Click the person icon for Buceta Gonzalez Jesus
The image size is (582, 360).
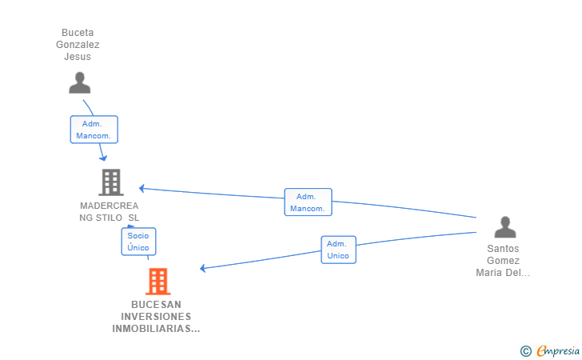[79, 83]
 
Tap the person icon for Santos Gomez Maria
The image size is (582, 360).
[504, 227]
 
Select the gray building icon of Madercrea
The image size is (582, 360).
[110, 182]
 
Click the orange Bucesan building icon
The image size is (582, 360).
[157, 282]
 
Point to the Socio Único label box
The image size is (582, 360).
[138, 242]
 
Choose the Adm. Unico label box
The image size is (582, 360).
[338, 250]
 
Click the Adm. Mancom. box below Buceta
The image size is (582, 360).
[94, 130]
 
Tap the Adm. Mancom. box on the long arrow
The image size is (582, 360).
[308, 202]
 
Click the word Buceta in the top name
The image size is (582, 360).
[78, 33]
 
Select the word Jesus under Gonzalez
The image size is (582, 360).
[78, 57]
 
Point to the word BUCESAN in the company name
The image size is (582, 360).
[157, 305]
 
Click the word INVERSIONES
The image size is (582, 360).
[157, 317]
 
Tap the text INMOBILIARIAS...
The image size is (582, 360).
[155, 329]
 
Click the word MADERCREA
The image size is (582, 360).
[110, 206]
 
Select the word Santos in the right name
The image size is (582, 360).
[504, 249]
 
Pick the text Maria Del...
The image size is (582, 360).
[503, 273]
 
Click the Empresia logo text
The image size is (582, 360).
[557, 350]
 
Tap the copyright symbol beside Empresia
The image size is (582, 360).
[525, 350]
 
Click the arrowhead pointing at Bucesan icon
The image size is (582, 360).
[203, 268]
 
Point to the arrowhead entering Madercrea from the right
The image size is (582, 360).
[142, 189]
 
